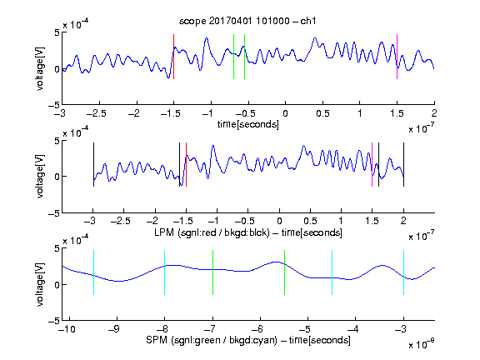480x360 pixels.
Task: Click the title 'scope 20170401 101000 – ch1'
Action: (247, 21)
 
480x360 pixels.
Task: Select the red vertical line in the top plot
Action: (174, 57)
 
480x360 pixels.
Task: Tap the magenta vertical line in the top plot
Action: (397, 57)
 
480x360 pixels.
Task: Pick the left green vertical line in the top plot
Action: (233, 57)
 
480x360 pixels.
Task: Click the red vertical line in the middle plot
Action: (186, 165)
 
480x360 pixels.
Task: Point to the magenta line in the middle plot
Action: (372, 165)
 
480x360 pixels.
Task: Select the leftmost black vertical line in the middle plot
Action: (93, 165)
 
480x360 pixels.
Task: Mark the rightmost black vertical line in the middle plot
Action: (403, 165)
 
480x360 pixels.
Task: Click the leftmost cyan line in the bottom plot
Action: (93, 272)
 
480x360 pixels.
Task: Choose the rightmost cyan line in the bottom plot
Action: (403, 272)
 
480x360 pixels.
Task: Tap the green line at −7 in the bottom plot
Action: (212, 272)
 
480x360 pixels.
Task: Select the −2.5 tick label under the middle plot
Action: (121, 221)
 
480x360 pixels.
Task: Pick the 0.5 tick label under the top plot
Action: (322, 113)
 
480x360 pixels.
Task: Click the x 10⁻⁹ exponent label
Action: (421, 344)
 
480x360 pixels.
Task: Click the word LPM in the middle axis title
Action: (164, 232)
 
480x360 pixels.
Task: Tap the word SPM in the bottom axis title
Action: (156, 340)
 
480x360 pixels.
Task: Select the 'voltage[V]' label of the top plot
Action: (40, 68)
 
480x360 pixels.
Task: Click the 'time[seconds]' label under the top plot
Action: (248, 124)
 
